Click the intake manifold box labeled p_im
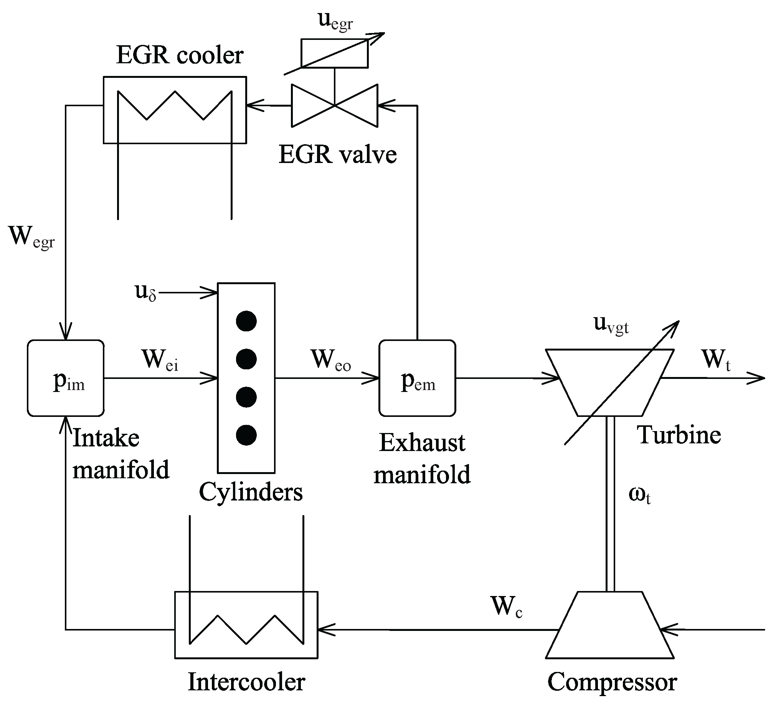66,378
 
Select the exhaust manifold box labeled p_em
417,378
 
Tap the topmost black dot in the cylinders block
246,321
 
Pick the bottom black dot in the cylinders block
246,435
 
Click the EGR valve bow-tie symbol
335,105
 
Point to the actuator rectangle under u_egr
335,53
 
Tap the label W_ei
160,360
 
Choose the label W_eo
331,360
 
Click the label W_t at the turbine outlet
717,360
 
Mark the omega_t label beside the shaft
639,494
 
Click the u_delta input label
146,292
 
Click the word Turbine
679,435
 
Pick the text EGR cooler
180,55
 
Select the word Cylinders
251,492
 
